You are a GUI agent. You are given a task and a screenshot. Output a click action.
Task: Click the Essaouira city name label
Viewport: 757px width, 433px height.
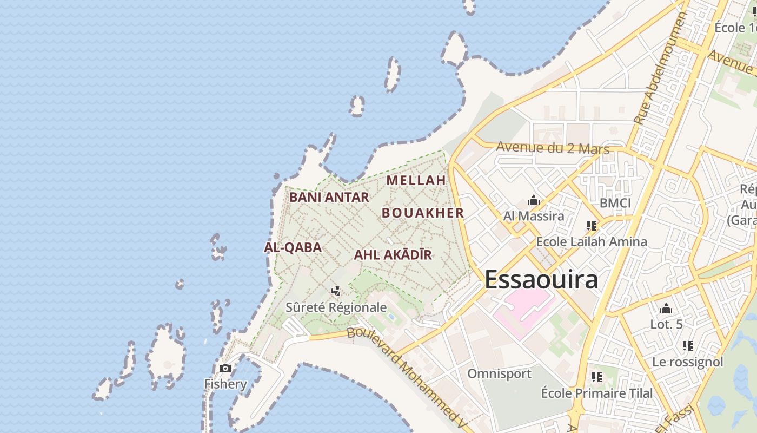[x=541, y=280]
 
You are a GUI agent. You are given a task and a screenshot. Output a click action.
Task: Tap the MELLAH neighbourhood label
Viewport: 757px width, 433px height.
[x=416, y=180]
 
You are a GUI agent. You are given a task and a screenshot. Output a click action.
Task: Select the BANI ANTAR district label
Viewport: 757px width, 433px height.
[x=329, y=197]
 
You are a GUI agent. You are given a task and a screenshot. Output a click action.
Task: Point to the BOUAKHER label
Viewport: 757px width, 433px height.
[x=423, y=213]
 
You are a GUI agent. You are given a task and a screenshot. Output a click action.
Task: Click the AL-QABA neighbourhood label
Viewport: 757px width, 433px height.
[x=293, y=247]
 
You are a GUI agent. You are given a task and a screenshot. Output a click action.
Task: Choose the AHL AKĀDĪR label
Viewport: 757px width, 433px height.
[x=393, y=255]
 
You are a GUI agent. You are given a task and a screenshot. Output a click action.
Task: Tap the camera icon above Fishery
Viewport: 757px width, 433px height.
[x=225, y=369]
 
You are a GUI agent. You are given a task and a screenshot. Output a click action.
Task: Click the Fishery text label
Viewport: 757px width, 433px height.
[x=225, y=384]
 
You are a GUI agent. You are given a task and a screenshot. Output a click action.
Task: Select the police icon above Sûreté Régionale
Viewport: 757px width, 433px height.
[x=336, y=291]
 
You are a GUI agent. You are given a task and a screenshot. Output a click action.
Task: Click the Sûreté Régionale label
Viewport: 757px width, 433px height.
[x=336, y=307]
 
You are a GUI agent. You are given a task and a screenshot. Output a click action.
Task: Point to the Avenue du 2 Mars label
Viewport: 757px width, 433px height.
[x=552, y=148]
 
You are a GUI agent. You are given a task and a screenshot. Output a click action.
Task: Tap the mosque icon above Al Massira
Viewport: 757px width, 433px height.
[x=534, y=201]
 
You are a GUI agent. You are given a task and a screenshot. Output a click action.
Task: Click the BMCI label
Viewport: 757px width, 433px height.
[x=615, y=203]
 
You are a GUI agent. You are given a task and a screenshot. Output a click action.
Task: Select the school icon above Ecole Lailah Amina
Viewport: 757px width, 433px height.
[x=591, y=226]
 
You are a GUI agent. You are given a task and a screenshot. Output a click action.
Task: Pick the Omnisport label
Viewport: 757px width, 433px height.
[x=499, y=373]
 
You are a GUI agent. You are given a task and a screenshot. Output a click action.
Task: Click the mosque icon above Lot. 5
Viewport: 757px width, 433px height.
[x=666, y=309]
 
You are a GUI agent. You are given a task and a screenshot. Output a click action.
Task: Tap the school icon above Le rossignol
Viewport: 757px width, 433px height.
[x=687, y=346]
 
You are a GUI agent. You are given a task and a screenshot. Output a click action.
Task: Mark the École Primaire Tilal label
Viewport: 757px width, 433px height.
[x=597, y=393]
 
